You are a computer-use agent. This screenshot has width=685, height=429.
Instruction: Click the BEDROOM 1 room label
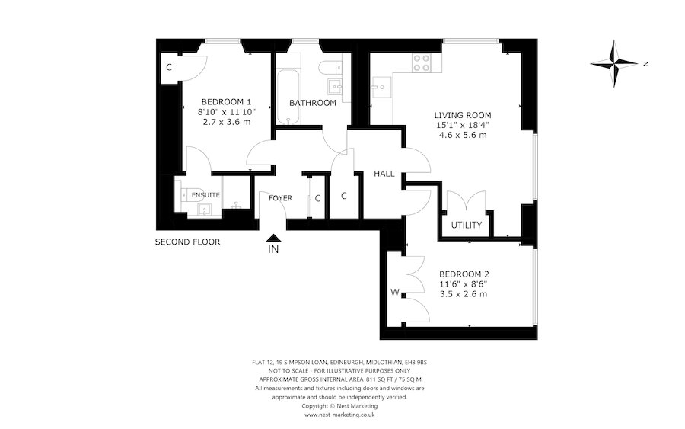[226, 101]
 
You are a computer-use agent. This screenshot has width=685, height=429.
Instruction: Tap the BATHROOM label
[313, 103]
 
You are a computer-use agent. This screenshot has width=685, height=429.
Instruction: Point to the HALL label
[384, 174]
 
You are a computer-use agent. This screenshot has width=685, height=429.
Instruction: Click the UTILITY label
[466, 225]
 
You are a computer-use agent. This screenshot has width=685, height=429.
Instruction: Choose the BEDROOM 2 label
[464, 274]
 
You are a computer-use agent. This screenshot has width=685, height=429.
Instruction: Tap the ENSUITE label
[205, 195]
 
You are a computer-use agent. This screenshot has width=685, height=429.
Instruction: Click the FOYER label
[280, 198]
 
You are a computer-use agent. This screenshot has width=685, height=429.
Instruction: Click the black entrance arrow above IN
[273, 239]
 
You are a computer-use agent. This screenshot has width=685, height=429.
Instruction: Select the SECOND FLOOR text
[187, 242]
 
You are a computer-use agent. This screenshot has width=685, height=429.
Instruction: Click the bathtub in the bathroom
[285, 95]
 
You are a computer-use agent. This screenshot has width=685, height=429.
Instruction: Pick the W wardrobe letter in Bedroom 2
[395, 291]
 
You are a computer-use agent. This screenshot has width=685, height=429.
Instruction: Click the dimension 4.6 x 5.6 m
[463, 135]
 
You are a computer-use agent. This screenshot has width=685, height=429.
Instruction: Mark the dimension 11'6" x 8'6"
[464, 284]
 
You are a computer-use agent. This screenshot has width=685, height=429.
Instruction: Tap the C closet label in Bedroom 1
[169, 67]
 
